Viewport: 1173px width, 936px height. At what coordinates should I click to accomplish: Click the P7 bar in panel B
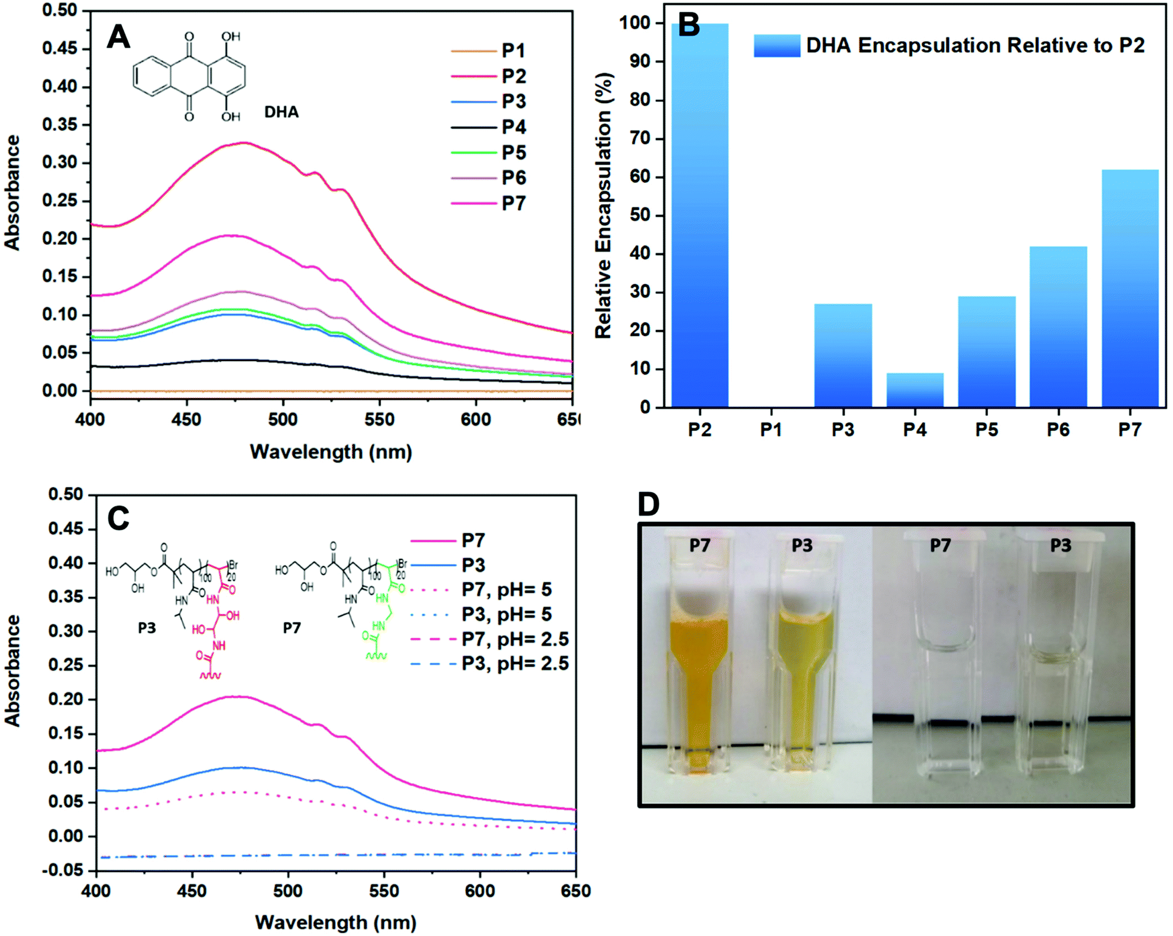click(x=1130, y=289)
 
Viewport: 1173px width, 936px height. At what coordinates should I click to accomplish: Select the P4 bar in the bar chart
click(x=914, y=390)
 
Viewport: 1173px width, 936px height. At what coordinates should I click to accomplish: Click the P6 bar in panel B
click(x=1058, y=327)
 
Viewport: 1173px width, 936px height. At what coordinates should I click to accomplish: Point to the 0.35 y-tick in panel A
click(x=60, y=125)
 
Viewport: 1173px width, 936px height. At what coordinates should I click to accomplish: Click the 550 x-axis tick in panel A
click(x=379, y=419)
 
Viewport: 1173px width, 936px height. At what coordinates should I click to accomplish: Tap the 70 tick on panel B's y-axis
click(x=640, y=139)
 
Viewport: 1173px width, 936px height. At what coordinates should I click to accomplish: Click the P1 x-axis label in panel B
click(x=771, y=430)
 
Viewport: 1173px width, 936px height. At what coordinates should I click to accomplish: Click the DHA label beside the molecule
click(x=281, y=112)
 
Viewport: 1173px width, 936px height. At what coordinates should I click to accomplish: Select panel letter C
click(x=118, y=518)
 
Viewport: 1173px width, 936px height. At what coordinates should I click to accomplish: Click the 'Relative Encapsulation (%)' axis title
click(x=603, y=206)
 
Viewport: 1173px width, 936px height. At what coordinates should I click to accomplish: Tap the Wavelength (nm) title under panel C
click(x=335, y=922)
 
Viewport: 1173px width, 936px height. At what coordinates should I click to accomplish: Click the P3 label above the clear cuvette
click(x=1060, y=545)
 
